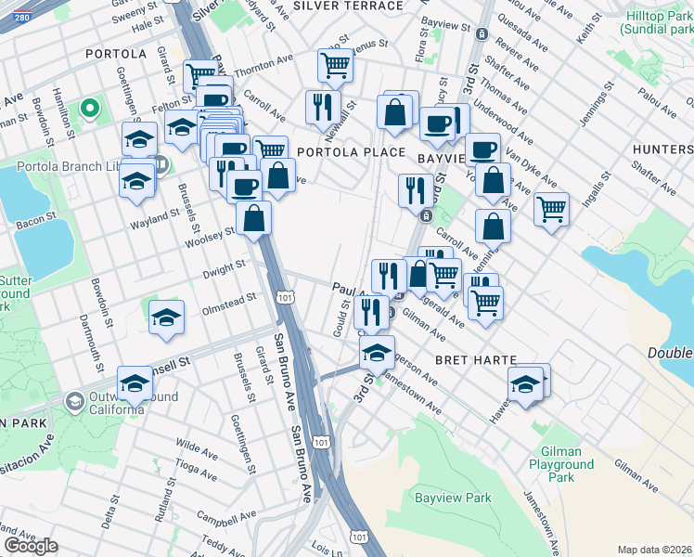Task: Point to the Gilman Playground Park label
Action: click(561, 464)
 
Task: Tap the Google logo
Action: click(31, 546)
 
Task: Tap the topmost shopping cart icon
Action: click(335, 65)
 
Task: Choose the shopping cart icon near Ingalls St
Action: click(551, 208)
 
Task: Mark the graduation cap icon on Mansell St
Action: click(135, 382)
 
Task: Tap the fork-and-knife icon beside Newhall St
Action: click(323, 107)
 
